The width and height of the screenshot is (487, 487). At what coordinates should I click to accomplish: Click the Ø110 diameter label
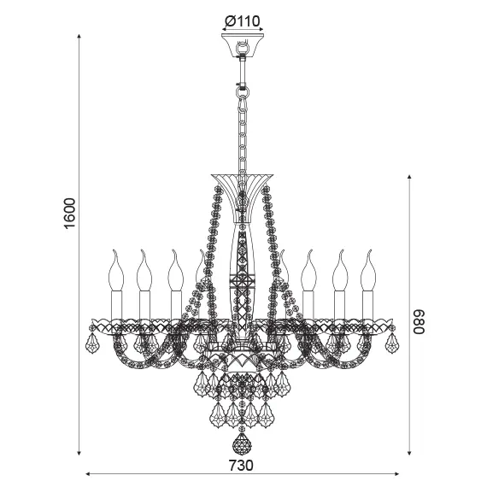point(243,21)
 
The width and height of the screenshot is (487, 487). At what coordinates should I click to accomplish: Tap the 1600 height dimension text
point(71,213)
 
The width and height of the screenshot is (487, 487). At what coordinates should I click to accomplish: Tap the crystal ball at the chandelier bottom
point(243,445)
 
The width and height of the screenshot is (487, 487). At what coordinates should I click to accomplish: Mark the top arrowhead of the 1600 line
point(79,38)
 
